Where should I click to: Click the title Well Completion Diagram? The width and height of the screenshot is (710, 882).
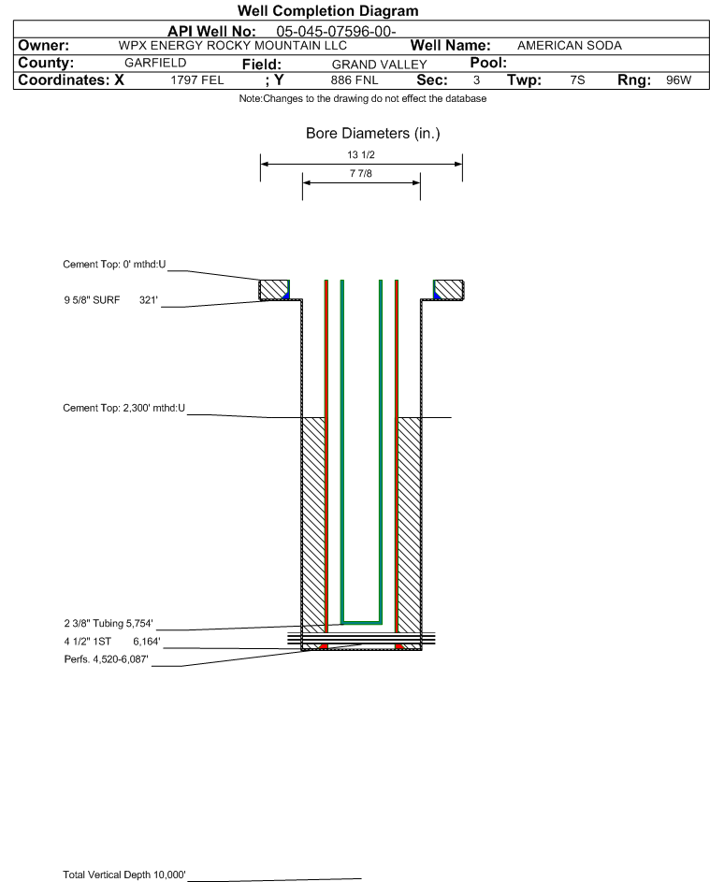[328, 10]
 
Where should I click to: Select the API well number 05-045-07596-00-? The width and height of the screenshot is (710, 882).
[336, 32]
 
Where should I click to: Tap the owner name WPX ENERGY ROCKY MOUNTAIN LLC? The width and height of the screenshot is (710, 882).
[232, 46]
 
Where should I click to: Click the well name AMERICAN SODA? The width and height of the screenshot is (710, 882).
[570, 46]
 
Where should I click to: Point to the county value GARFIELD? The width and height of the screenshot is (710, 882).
[155, 63]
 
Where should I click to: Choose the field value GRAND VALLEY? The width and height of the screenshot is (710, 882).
[379, 65]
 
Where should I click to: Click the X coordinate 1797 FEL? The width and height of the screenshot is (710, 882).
[196, 80]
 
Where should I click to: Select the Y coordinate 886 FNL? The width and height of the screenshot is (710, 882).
[355, 80]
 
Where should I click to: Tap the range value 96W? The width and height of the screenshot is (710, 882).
[678, 80]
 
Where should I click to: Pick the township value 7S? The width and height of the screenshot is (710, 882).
[577, 80]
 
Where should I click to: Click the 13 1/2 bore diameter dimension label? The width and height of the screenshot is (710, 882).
[361, 154]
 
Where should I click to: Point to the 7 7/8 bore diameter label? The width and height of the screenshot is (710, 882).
[361, 173]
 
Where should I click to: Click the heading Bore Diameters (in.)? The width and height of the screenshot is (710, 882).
[372, 134]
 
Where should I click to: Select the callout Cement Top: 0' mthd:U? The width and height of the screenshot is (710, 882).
[114, 265]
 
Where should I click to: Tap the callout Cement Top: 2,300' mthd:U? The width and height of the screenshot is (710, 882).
[123, 408]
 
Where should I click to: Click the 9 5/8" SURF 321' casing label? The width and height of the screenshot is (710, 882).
[110, 300]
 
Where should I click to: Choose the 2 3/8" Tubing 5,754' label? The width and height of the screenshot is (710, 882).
[108, 623]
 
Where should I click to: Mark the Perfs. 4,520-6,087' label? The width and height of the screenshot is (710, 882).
[106, 659]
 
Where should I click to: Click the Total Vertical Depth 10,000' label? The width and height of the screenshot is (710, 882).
[123, 875]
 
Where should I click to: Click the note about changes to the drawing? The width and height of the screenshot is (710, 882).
[362, 98]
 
